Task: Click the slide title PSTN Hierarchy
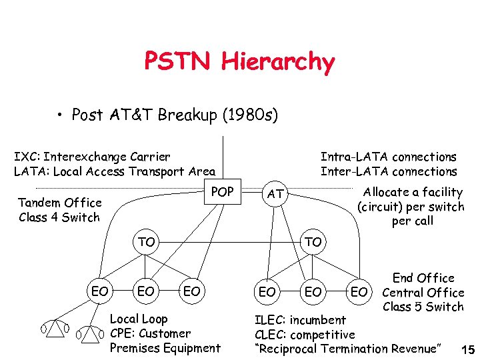(x=239, y=62)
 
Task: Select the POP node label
(x=222, y=192)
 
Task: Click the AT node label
(x=275, y=195)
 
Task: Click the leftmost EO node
(x=100, y=291)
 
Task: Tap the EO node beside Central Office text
(x=359, y=292)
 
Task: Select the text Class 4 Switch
(x=59, y=217)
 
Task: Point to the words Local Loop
(x=139, y=319)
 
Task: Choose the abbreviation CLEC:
(x=274, y=335)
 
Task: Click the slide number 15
(x=467, y=350)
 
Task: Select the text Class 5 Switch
(x=423, y=307)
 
